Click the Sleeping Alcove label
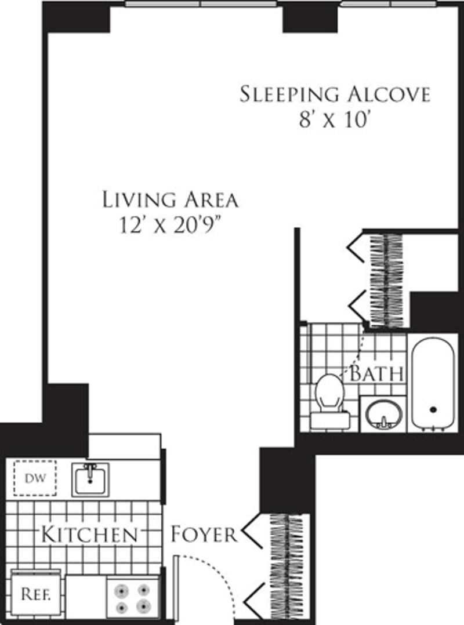pyautogui.click(x=335, y=94)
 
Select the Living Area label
pyautogui.click(x=170, y=199)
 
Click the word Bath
pyautogui.click(x=376, y=373)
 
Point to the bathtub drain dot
pyautogui.click(x=433, y=409)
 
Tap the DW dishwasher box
pyautogui.click(x=35, y=478)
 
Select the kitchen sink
pyautogui.click(x=90, y=479)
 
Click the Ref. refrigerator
pyautogui.click(x=35, y=594)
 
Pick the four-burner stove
pyautogui.click(x=132, y=598)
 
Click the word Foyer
pyautogui.click(x=204, y=534)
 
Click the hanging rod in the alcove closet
pyautogui.click(x=386, y=278)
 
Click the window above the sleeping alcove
pyautogui.click(x=388, y=3)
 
